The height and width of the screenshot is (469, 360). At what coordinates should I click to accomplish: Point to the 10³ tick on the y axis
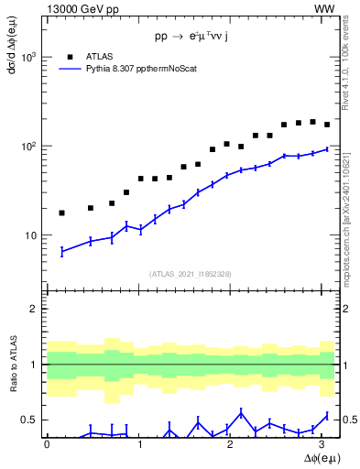tap(29, 57)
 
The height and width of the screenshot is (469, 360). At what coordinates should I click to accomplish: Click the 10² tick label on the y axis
tap(29, 147)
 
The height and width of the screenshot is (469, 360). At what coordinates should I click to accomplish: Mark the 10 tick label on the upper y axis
tap(31, 235)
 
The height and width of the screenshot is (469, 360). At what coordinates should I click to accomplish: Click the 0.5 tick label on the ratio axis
tap(30, 420)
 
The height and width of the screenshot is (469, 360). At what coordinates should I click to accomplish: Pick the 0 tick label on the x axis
tap(47, 444)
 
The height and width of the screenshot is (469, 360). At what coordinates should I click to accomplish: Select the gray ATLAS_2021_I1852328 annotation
tap(190, 274)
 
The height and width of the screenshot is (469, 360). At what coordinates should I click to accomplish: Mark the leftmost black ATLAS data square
tap(61, 213)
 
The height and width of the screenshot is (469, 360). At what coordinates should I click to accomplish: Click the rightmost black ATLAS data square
tap(327, 125)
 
